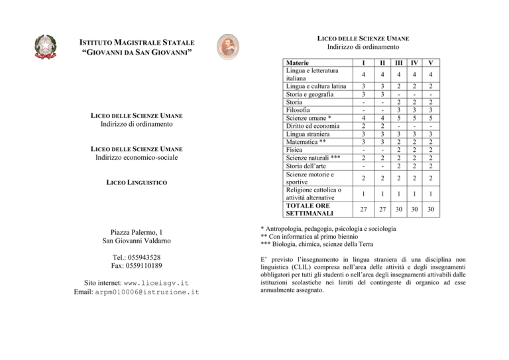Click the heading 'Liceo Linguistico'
click(x=139, y=182)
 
